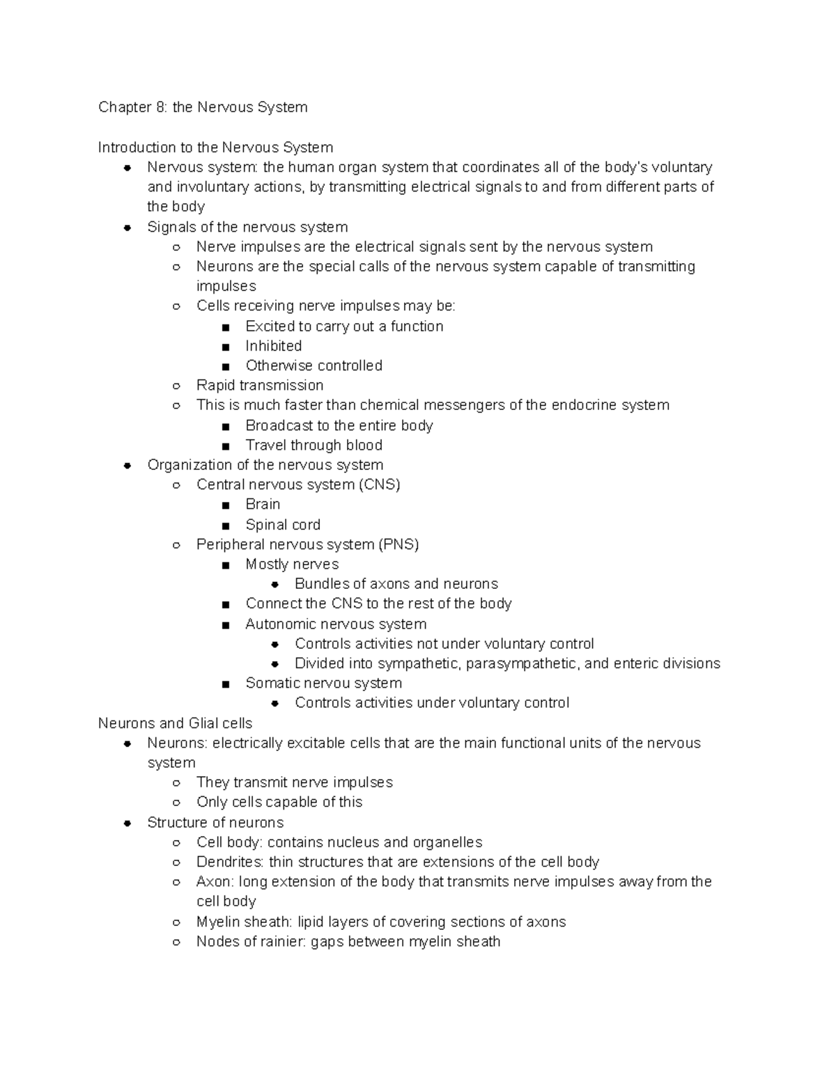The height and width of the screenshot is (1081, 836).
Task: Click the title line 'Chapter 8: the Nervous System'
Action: [203, 107]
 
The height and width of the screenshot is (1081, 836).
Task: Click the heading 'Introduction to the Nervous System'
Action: [215, 148]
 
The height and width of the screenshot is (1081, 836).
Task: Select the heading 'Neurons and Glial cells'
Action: [175, 723]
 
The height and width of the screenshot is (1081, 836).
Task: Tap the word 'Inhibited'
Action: [273, 346]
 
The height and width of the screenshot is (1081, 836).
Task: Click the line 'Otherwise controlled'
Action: [313, 365]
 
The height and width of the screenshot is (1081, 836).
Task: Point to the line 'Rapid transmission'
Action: [260, 386]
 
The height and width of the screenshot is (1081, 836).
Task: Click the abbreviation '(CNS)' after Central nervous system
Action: [380, 484]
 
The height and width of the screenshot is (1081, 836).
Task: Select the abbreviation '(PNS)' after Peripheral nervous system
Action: [398, 544]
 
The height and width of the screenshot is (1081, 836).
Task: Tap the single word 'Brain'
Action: [263, 504]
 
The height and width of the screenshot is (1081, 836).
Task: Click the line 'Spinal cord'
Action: [283, 525]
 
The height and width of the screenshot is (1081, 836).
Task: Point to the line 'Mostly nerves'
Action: [292, 565]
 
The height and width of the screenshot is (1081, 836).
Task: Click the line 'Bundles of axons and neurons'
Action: [396, 584]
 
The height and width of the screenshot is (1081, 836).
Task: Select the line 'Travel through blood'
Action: [313, 445]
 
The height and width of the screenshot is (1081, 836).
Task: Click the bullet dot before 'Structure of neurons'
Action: [127, 823]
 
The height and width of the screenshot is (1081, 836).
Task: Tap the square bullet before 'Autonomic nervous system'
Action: [226, 625]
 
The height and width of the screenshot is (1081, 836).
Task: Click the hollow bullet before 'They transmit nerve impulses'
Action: [177, 783]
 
